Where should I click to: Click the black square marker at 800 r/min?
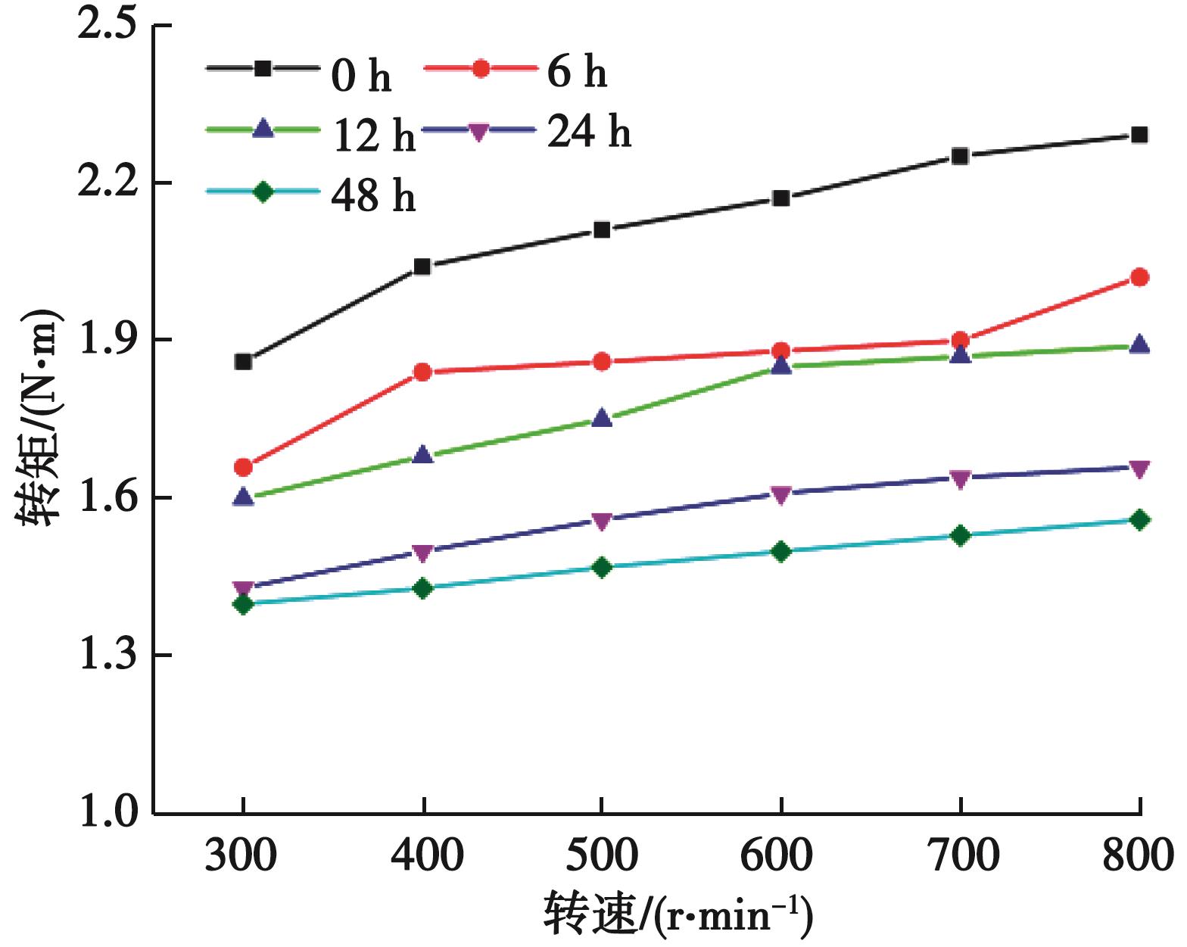1139,136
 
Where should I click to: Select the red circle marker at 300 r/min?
243,467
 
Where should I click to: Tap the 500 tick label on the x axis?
602,855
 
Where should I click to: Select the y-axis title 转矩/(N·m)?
38,418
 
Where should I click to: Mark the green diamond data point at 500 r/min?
602,567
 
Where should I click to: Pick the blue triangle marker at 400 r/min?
422,455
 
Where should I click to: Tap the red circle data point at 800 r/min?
1139,278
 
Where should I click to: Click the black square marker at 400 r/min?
422,266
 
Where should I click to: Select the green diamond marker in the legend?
263,192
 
